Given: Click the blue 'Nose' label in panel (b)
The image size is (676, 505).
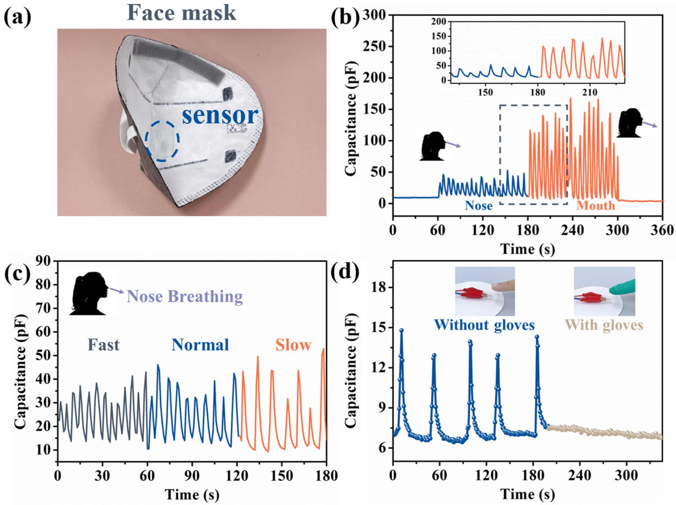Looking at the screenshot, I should (478, 205).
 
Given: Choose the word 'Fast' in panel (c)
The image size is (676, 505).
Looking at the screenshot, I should (104, 345).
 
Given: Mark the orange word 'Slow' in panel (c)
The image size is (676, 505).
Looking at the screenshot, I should (293, 345).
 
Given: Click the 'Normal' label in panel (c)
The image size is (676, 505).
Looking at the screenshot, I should (200, 345).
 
